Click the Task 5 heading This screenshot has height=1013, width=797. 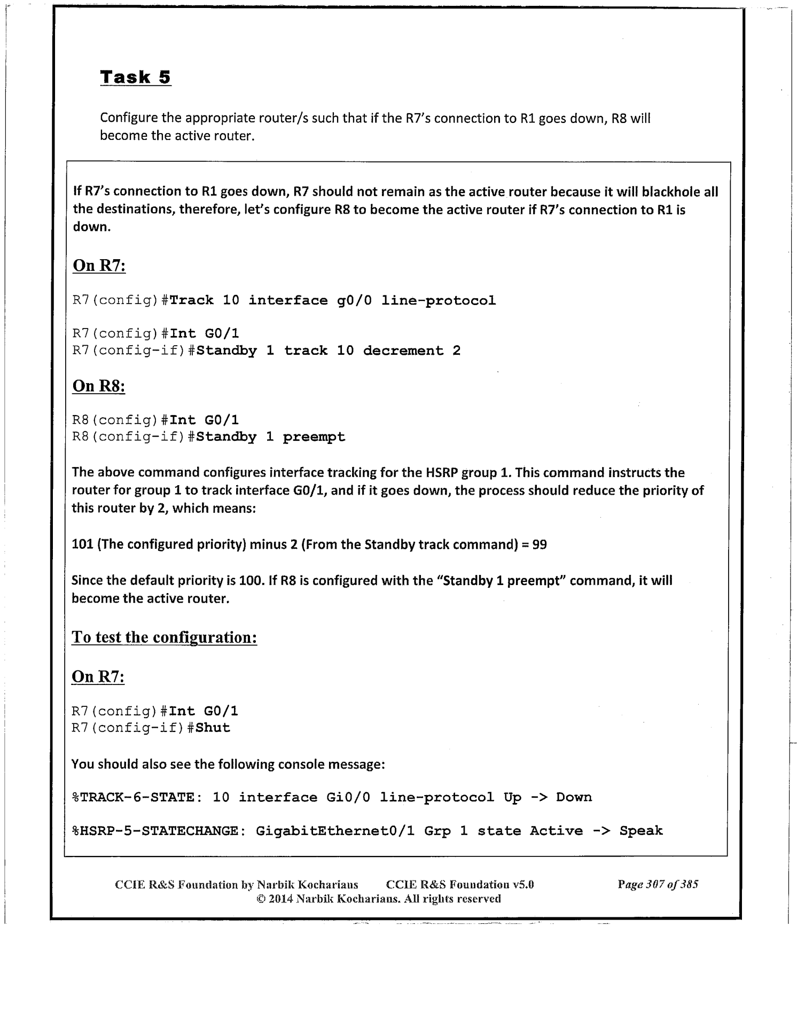coord(135,77)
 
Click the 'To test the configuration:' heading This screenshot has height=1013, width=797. coord(164,637)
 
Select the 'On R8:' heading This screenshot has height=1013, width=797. coord(98,386)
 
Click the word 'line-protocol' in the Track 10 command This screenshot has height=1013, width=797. coord(438,301)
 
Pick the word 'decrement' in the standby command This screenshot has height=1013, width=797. coord(403,351)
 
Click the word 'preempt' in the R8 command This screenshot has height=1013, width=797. coord(314,437)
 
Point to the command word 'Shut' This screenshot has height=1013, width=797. coord(213,728)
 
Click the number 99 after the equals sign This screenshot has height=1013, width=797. coord(540,545)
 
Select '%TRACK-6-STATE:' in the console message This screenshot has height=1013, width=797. coord(137,798)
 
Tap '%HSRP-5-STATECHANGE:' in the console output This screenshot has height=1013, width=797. coord(159,831)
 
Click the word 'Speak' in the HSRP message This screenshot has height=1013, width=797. coord(641,831)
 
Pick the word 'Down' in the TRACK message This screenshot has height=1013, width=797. coord(574,798)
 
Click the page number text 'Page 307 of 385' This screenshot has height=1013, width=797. coord(658,884)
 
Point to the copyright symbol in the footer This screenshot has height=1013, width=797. coord(261,899)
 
